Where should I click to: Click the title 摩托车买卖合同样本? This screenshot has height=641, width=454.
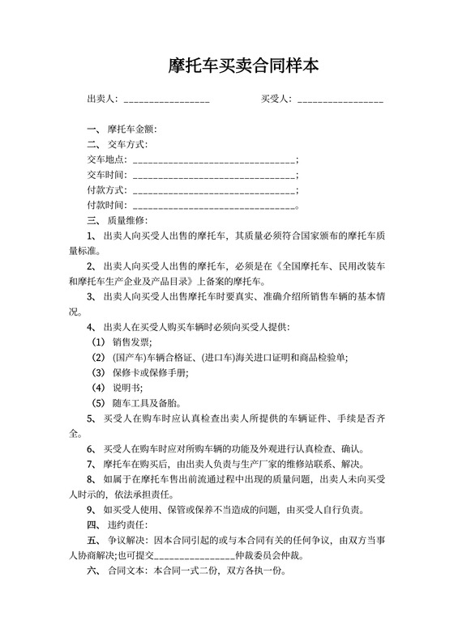pos(227,66)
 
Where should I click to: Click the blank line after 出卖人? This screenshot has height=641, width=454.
pos(166,100)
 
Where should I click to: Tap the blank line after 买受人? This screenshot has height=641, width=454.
pos(340,100)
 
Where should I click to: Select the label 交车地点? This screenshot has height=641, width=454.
pos(106,159)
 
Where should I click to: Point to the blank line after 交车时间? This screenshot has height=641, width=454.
pos(213,175)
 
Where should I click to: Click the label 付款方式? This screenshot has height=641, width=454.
pos(106,190)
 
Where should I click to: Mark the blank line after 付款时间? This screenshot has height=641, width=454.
pos(213,206)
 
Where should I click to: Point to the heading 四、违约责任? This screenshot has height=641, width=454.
pos(117,525)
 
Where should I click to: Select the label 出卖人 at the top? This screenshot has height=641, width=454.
pos(101,100)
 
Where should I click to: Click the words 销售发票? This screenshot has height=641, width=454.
pos(129,342)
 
